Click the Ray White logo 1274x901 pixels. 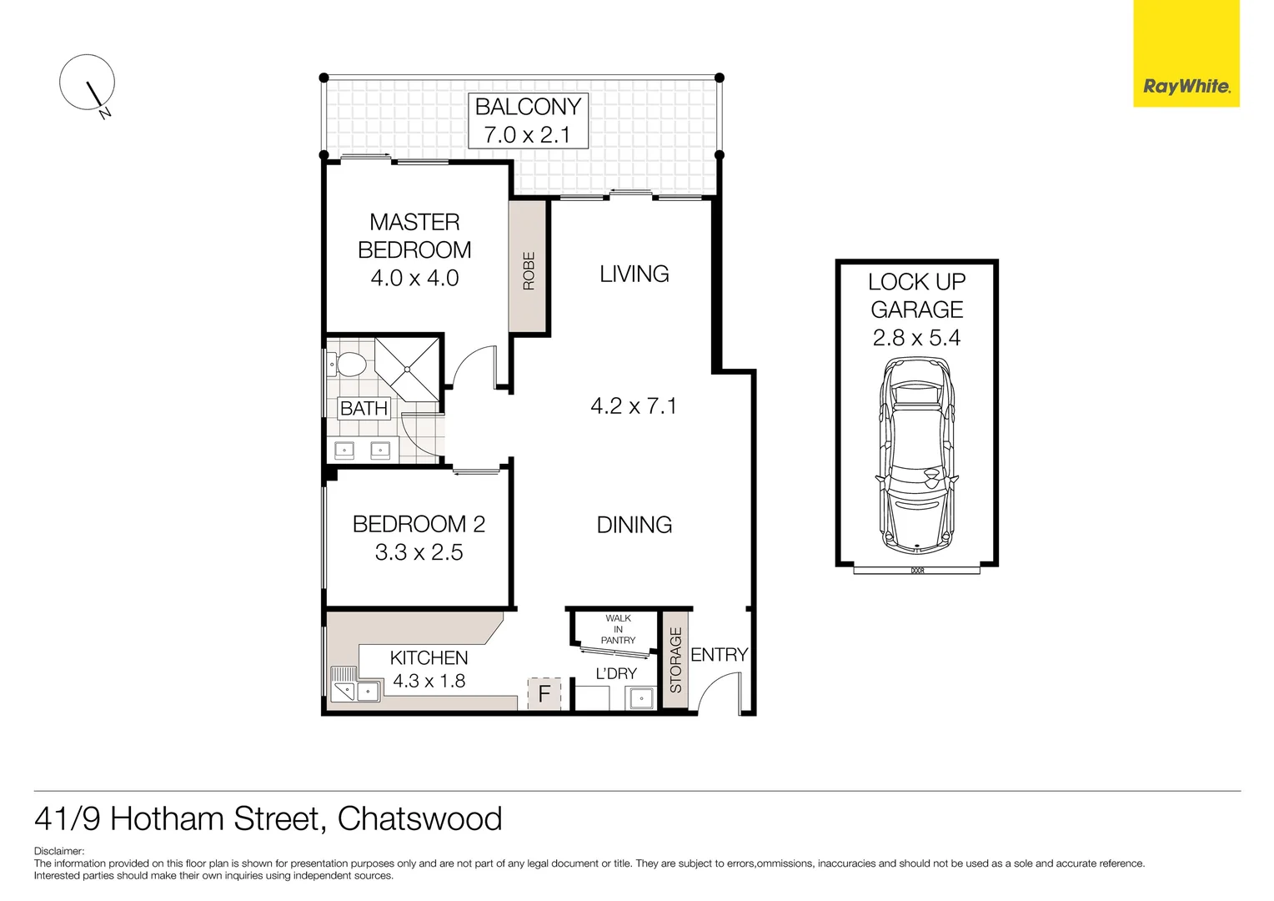tap(1186, 86)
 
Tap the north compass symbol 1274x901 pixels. tap(87, 83)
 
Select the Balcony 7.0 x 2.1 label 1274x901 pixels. tap(528, 120)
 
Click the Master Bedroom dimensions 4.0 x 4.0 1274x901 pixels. tap(414, 278)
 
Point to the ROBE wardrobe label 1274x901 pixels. tap(529, 271)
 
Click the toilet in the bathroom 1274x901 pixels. tap(348, 365)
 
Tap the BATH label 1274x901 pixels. tap(364, 409)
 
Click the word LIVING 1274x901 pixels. tap(634, 274)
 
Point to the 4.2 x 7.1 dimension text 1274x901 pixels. tap(634, 406)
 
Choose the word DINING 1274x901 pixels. tap(634, 525)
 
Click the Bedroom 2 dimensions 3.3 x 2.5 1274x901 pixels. tap(419, 552)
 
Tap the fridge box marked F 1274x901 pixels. tap(544, 693)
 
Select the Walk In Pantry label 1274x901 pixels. tap(618, 629)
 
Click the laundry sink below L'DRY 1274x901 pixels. tap(640, 697)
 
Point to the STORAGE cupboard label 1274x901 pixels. tap(675, 660)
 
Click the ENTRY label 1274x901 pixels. tap(719, 655)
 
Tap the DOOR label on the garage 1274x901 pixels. tap(917, 571)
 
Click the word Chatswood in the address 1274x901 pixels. tap(419, 818)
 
